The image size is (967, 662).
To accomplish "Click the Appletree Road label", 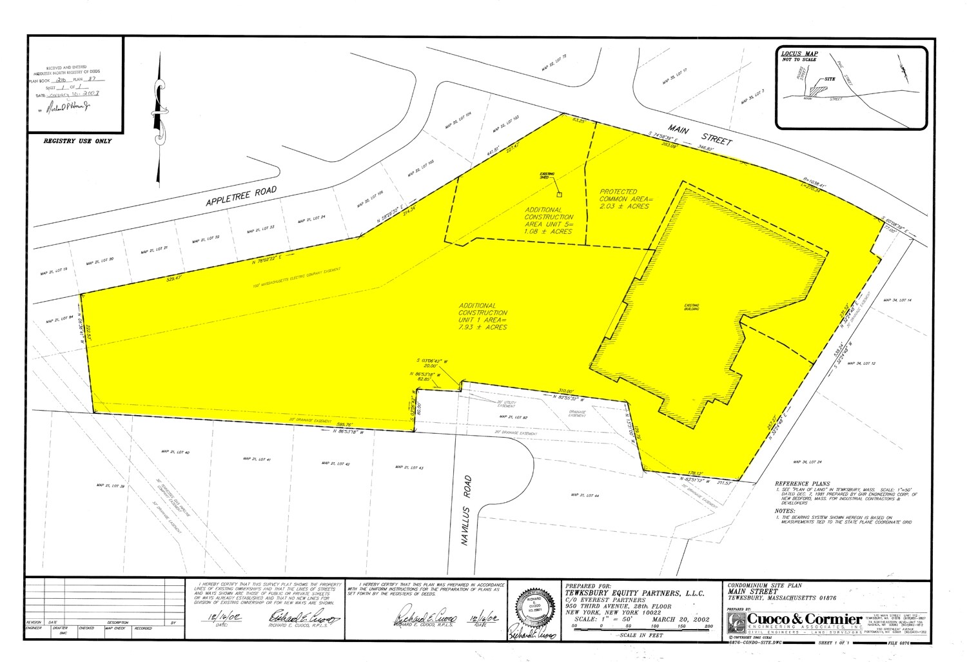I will (x=241, y=197).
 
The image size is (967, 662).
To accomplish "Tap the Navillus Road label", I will (x=467, y=511).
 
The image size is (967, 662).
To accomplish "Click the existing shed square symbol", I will (x=559, y=193).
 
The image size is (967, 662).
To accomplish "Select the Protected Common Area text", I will (x=624, y=199).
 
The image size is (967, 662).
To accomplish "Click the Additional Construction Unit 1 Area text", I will (x=483, y=316).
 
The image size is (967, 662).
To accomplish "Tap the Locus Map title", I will (x=799, y=54).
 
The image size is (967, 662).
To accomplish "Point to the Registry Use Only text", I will (x=77, y=141).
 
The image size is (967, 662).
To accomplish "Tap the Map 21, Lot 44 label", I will (x=586, y=495).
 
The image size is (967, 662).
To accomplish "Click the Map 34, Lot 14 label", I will (x=897, y=300).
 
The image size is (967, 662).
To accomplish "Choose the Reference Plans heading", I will (x=803, y=483).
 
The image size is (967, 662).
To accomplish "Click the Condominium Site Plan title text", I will (x=765, y=585).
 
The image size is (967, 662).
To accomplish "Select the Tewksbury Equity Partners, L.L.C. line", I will (x=634, y=593).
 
